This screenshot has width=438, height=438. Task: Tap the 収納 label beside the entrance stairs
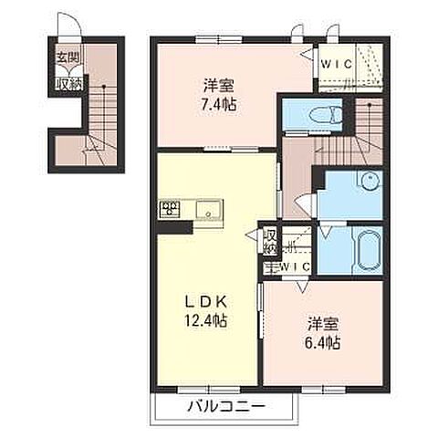[x=69, y=84]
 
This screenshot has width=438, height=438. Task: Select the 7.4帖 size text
[x=218, y=105]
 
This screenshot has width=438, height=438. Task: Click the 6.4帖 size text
[x=322, y=343]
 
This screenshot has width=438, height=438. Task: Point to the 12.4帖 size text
[x=206, y=320]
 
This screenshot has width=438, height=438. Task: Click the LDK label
[x=206, y=302]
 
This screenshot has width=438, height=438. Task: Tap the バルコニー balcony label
[x=225, y=406]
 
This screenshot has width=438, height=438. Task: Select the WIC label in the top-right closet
[x=337, y=64]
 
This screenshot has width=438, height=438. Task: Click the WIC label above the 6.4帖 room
[x=295, y=266]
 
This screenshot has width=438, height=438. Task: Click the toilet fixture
[x=326, y=116]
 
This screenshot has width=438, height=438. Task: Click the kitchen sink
[x=208, y=209]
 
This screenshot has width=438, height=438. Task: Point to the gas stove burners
[x=170, y=209]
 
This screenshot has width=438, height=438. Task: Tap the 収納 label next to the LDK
[x=270, y=242]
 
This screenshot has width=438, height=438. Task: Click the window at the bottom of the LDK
[x=209, y=390]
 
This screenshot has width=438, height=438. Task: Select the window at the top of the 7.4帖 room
[x=219, y=39]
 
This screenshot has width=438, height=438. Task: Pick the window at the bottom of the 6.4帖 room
[x=324, y=390]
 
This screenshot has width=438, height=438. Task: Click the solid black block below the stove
[x=175, y=227]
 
